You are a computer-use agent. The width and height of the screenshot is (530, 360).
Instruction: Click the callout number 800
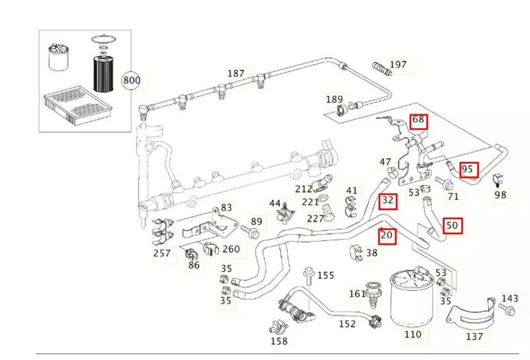click(131, 81)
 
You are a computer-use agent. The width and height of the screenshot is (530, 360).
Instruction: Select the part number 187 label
click(236, 73)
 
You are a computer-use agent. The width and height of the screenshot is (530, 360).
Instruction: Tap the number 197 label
click(398, 65)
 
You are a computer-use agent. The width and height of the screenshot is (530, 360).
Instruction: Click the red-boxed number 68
click(418, 120)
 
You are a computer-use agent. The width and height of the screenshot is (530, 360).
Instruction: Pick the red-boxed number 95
click(468, 170)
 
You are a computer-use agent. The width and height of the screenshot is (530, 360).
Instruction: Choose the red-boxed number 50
click(452, 226)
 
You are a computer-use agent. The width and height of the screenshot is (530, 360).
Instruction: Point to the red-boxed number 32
click(388, 200)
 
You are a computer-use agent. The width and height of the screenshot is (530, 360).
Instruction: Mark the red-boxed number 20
click(388, 235)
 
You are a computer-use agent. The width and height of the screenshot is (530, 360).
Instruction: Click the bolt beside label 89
click(250, 231)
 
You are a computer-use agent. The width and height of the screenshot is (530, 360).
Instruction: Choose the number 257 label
click(162, 253)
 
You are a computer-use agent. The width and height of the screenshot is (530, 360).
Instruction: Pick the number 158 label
click(279, 341)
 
